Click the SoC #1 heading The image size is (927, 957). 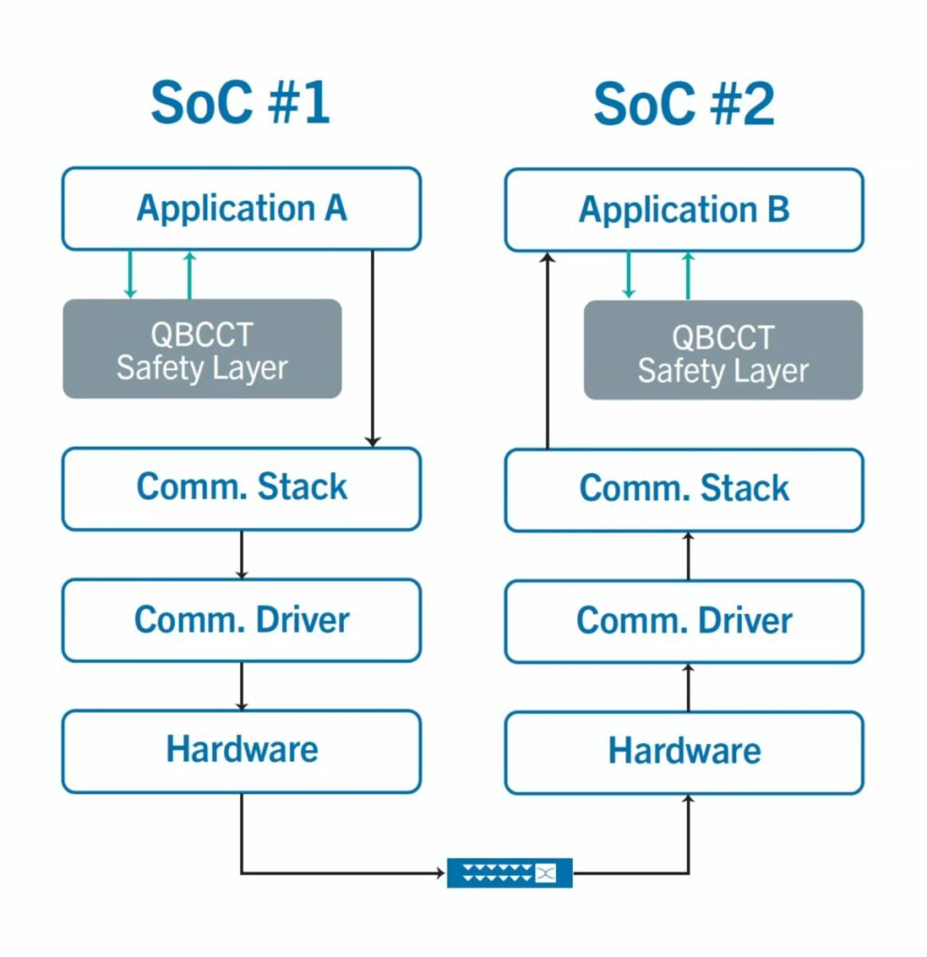coord(240,103)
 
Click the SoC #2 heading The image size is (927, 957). coord(684,105)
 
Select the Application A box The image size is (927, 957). coord(242,208)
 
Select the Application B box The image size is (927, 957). coord(684,210)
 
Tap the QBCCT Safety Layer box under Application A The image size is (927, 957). coord(202,349)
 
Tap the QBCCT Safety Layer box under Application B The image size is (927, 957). coord(723,350)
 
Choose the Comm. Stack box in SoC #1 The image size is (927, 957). coord(242,489)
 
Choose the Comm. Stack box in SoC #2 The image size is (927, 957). coord(684,490)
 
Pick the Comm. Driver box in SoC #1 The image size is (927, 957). coord(242,621)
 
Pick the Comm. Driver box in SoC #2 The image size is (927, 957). coord(684,621)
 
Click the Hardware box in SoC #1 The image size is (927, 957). coord(242,751)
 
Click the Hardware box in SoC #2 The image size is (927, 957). coord(684,752)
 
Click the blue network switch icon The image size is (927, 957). coord(509,873)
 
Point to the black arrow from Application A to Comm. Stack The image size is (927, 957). coord(372,349)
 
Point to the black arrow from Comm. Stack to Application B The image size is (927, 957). coord(548,351)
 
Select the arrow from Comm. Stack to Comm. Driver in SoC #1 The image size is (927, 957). coord(242,555)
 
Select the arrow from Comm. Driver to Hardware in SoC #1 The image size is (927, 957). coord(242,686)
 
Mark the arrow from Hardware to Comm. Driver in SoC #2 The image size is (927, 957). coord(689,688)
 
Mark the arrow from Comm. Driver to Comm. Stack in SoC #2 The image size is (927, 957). coord(689,556)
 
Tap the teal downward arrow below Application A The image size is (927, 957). coord(129,274)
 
